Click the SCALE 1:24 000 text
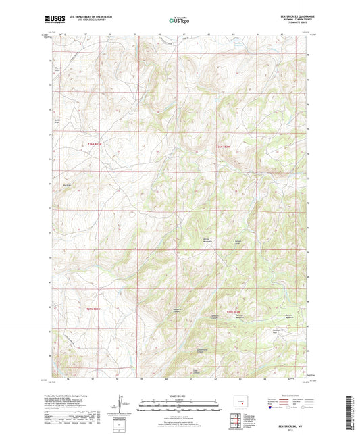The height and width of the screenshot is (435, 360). tap(180, 395)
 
